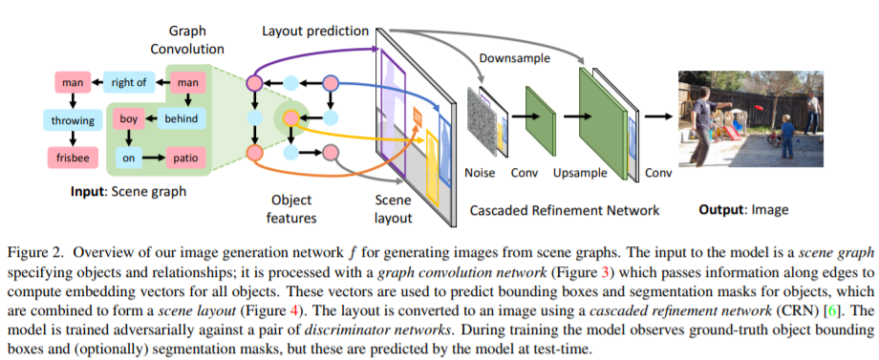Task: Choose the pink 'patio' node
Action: [x=182, y=155]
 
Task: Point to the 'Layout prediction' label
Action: [x=315, y=31]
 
